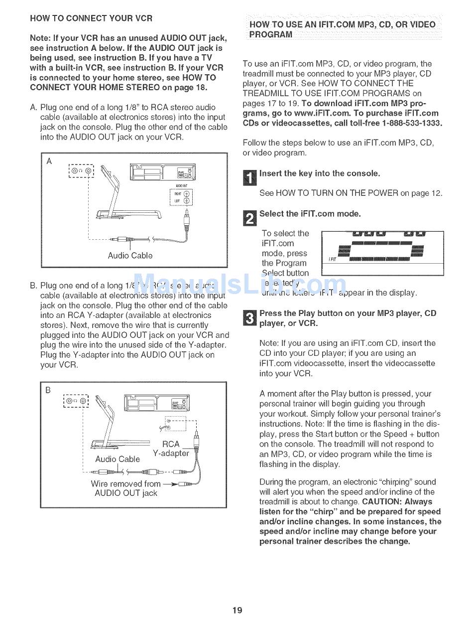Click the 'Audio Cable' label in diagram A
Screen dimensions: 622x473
click(130, 256)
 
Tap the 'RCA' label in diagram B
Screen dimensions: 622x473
click(171, 444)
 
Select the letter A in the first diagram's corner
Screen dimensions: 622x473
click(49, 161)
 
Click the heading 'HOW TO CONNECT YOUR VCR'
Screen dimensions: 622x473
click(91, 18)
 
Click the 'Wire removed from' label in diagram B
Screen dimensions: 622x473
click(125, 483)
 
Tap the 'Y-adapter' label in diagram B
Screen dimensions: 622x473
click(171, 454)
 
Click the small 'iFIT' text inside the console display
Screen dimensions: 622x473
click(333, 259)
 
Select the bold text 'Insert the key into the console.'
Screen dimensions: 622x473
click(320, 173)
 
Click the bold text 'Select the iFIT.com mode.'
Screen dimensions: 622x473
click(310, 214)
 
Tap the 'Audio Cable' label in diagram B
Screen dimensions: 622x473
click(118, 459)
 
